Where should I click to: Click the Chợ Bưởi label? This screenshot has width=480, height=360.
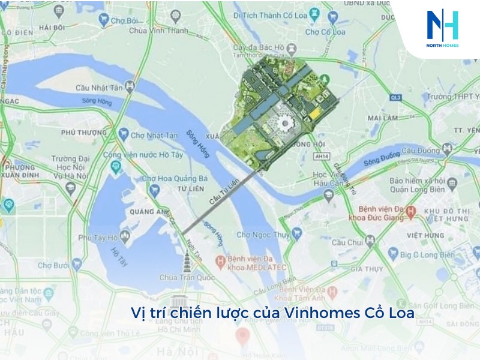55,265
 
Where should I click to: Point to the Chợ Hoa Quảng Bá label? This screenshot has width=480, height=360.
174,178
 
